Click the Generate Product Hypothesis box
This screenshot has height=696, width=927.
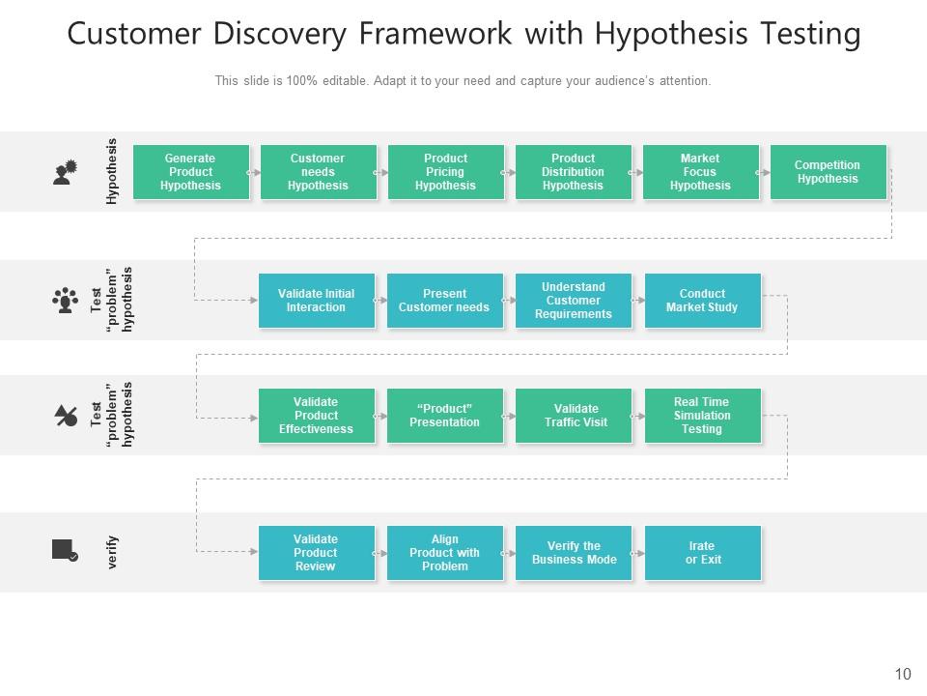click(x=191, y=172)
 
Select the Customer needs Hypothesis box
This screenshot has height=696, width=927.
click(x=318, y=172)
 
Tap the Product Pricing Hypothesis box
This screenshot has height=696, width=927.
click(x=445, y=172)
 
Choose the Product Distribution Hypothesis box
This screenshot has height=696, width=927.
click(x=573, y=172)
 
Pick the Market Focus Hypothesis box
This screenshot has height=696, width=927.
click(x=700, y=172)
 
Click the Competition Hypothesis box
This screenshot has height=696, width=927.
click(x=828, y=172)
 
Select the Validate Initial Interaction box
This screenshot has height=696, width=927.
click(x=316, y=301)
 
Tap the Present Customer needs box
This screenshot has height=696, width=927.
click(x=444, y=301)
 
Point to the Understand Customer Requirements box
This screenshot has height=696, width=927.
click(x=574, y=301)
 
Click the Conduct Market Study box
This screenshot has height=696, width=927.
click(x=702, y=301)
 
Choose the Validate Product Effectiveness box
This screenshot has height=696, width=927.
click(x=316, y=416)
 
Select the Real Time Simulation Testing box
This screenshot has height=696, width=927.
click(x=702, y=416)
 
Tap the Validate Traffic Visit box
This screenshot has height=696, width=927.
click(x=574, y=416)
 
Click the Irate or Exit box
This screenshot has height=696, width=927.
click(x=702, y=553)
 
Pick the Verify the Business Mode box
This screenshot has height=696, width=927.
click(x=574, y=553)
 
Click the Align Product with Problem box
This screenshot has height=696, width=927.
click(x=444, y=553)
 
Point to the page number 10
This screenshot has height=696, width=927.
click(x=903, y=675)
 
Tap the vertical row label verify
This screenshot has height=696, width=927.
click(x=113, y=552)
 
